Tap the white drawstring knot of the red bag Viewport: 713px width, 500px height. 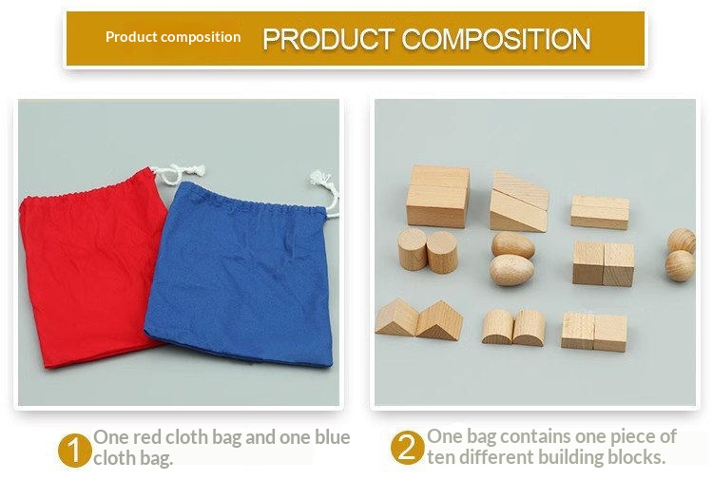[180, 173]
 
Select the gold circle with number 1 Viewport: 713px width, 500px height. [74, 450]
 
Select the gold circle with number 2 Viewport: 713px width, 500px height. [408, 448]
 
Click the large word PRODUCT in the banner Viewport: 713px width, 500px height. [328, 39]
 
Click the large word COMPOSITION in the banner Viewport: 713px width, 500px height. [496, 39]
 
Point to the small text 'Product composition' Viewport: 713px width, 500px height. [173, 37]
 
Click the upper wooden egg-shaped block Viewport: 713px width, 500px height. [513, 244]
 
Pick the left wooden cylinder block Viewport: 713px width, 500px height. [412, 249]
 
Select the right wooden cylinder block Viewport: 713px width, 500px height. [442, 252]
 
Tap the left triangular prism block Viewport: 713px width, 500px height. [397, 317]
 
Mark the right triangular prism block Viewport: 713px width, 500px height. [439, 320]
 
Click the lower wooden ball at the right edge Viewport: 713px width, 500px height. [681, 266]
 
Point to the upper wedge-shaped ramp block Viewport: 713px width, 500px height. [521, 189]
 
